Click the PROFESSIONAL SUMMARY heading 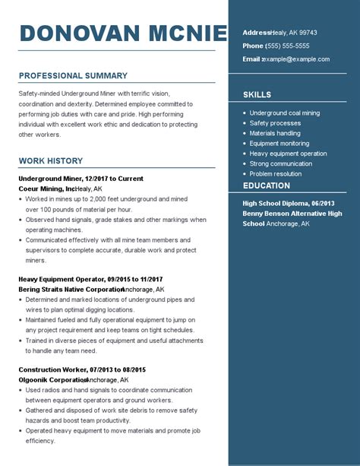click(x=73, y=76)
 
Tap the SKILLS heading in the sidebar click(x=257, y=95)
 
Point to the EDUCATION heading click(x=266, y=185)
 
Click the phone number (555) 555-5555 click(x=288, y=46)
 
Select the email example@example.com click(x=297, y=59)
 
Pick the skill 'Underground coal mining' click(x=285, y=113)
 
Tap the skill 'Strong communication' click(x=281, y=163)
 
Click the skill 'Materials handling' click(x=275, y=133)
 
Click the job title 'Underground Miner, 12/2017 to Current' click(x=81, y=179)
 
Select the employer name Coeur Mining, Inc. click(x=46, y=189)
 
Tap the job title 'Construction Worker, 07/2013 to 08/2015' click(x=81, y=369)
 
